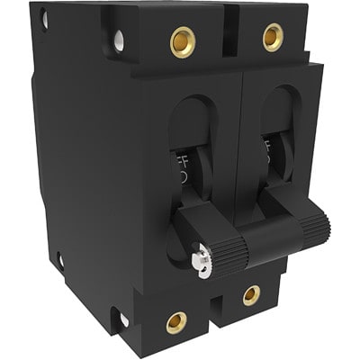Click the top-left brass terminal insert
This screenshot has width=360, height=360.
pyautogui.click(x=183, y=41)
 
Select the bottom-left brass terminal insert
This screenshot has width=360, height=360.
pyautogui.click(x=176, y=322)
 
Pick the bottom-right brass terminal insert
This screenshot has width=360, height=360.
pyautogui.click(x=251, y=295)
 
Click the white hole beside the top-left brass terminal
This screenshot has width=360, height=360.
pyautogui.click(x=119, y=40)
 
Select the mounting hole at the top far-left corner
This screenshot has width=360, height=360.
pyautogui.click(x=42, y=18)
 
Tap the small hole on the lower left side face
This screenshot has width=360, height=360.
pyautogui.click(x=60, y=261)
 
